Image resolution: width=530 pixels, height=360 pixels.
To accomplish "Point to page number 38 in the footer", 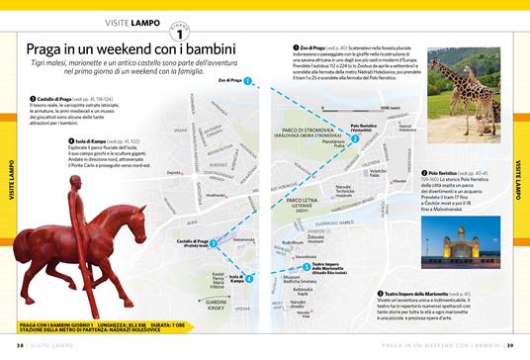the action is point(21,346).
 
